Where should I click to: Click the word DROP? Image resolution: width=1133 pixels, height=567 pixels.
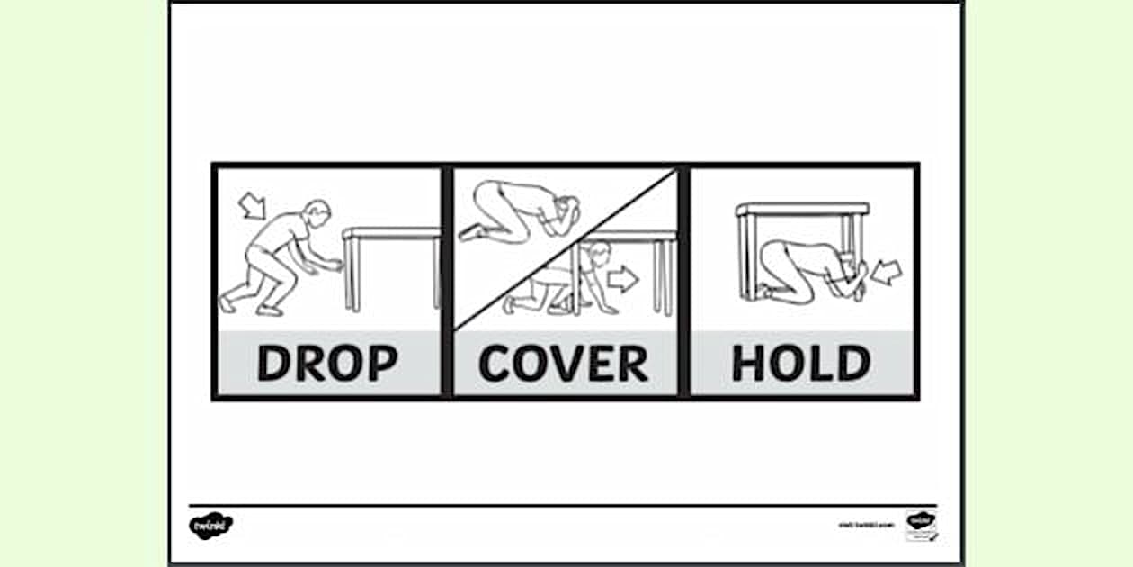[327, 363]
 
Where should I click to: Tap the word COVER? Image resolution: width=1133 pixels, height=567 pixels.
[564, 363]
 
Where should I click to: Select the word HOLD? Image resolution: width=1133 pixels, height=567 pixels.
[800, 363]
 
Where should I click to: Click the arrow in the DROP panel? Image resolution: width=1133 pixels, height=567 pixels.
[254, 205]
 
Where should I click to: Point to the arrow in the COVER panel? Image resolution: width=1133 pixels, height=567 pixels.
[622, 279]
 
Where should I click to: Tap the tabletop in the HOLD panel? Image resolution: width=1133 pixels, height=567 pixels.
[803, 210]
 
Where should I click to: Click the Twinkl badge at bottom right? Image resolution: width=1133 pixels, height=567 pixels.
[920, 525]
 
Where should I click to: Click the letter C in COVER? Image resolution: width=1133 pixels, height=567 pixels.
[496, 363]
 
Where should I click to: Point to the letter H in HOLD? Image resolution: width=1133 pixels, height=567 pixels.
[749, 363]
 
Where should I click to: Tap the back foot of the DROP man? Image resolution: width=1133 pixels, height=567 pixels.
[227, 303]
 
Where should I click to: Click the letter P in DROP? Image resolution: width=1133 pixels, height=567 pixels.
[380, 363]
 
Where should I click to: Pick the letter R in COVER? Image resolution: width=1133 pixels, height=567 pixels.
[631, 363]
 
